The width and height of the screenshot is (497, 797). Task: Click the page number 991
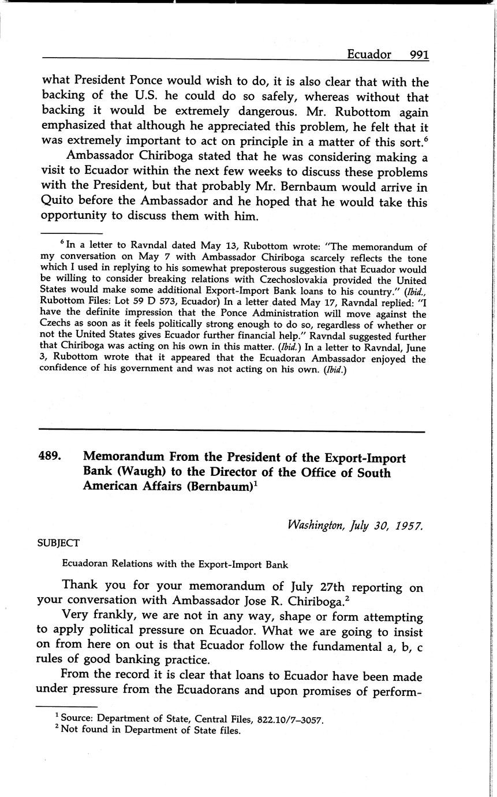[x=418, y=54]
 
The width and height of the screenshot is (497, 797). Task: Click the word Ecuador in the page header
[x=369, y=54]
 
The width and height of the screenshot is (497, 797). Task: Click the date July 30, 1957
[x=381, y=526]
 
